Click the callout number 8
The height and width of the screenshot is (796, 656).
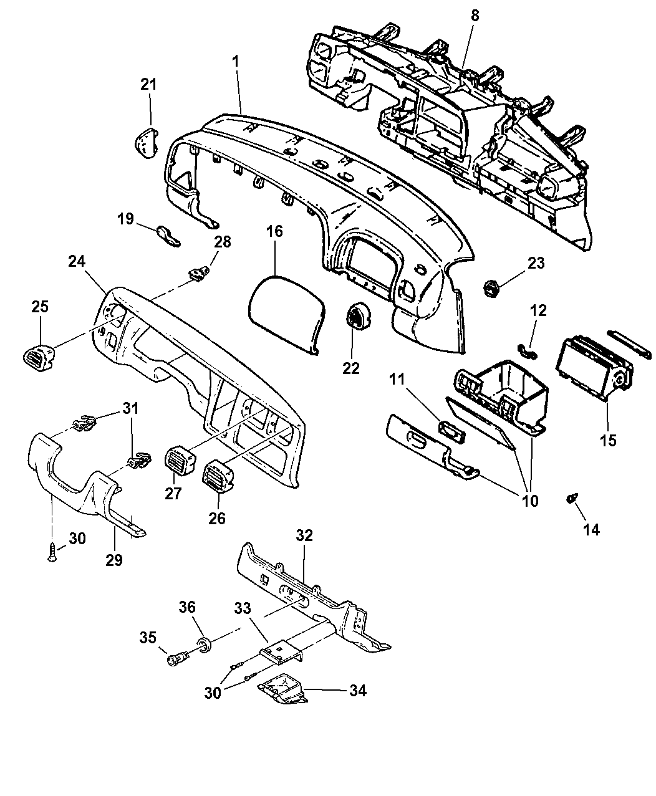[475, 16]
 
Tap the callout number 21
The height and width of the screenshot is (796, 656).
[149, 84]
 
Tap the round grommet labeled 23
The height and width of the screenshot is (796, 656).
[493, 287]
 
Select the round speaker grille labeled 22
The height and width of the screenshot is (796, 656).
[357, 316]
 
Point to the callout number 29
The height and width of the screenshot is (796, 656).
[114, 560]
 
